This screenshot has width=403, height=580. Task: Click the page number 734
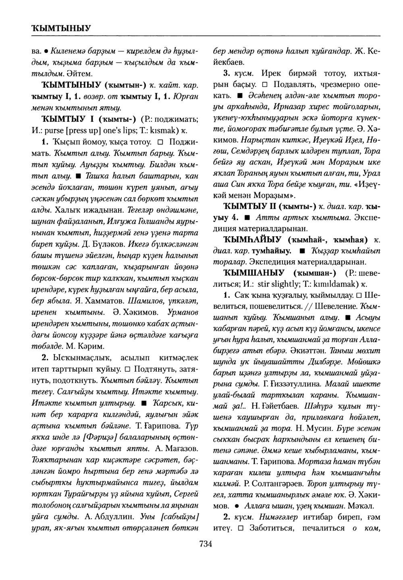pos(206,545)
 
